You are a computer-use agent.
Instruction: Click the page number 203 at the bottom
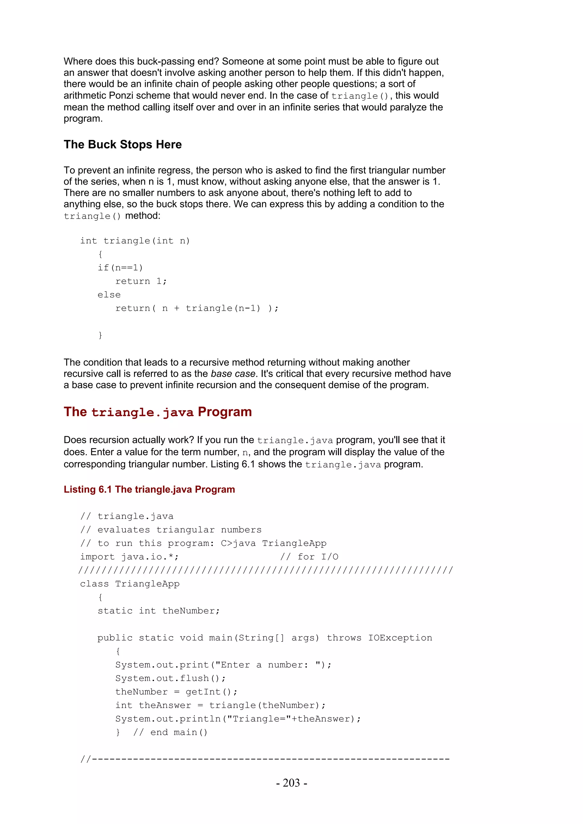[291, 783]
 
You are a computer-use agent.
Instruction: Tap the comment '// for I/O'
[309, 557]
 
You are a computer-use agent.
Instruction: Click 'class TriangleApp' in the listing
[130, 584]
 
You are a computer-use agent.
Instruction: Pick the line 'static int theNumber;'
[158, 611]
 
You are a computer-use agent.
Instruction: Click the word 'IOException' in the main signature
[400, 638]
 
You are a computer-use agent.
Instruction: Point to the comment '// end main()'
[170, 732]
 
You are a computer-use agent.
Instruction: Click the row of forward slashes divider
[266, 570]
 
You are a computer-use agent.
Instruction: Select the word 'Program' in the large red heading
[225, 412]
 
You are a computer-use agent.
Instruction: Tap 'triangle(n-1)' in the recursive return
[223, 308]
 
